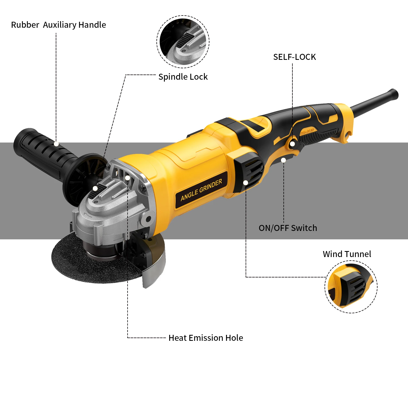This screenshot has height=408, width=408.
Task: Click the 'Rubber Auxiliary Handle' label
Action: [58, 25]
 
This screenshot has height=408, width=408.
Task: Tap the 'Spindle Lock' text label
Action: [183, 77]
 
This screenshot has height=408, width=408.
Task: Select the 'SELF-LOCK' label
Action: [294, 57]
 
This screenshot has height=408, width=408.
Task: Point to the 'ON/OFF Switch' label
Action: [288, 228]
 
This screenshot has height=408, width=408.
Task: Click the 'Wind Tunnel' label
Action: [347, 254]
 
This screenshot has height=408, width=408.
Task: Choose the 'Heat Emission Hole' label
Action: [206, 338]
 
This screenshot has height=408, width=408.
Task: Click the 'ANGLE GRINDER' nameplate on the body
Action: [201, 190]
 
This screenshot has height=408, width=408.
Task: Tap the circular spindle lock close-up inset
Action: [183, 42]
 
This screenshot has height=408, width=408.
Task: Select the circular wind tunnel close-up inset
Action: [351, 287]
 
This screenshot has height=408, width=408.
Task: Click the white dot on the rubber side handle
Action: [56, 144]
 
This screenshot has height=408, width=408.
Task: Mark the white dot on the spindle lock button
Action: [95, 188]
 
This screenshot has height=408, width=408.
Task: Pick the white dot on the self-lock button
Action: [292, 144]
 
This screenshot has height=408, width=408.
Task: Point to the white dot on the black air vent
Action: [246, 183]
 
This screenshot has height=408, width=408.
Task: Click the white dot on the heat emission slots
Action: [127, 178]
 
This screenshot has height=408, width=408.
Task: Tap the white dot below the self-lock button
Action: [283, 160]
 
